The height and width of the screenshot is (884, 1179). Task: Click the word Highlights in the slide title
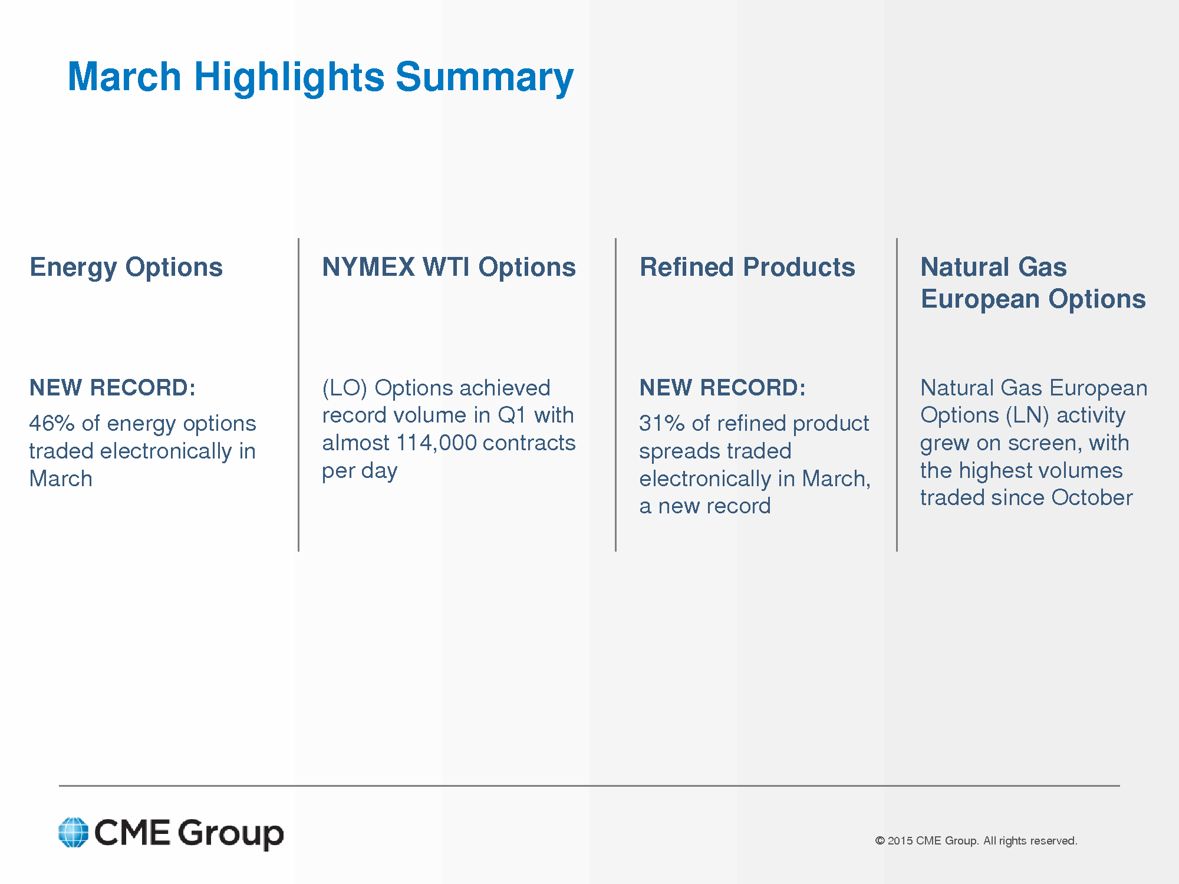coord(289,77)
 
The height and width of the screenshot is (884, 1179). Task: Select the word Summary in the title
coord(485,77)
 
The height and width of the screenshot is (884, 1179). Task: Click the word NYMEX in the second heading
coord(368,267)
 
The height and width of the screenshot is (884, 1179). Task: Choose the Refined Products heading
coord(747,267)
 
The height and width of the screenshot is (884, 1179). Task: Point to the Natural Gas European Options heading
coord(1033,283)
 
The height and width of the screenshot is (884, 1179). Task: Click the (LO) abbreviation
coord(345,388)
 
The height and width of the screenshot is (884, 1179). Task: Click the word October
coord(1092,497)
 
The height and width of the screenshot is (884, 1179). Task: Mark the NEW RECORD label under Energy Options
coord(113,388)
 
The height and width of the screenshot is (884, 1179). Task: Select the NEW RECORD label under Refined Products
coord(723,388)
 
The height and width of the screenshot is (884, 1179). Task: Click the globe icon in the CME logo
coord(74,832)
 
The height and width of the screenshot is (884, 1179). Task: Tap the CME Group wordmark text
coord(189,833)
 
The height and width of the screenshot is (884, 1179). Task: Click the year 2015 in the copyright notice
coord(900,841)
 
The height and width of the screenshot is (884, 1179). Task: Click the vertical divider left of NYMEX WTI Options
coord(299,395)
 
